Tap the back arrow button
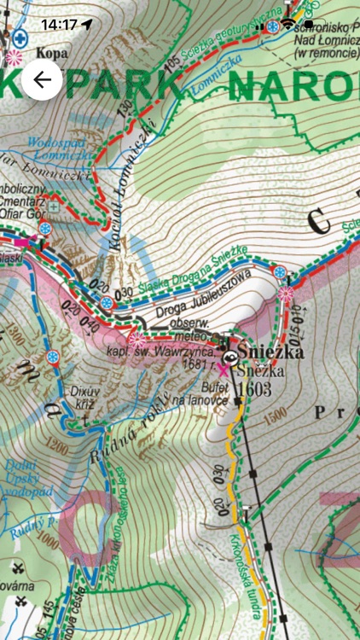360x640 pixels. click(42, 81)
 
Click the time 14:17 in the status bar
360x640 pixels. click(59, 25)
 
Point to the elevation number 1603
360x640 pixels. click(254, 388)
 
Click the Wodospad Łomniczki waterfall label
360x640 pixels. click(59, 150)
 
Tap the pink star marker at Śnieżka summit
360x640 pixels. click(224, 370)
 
